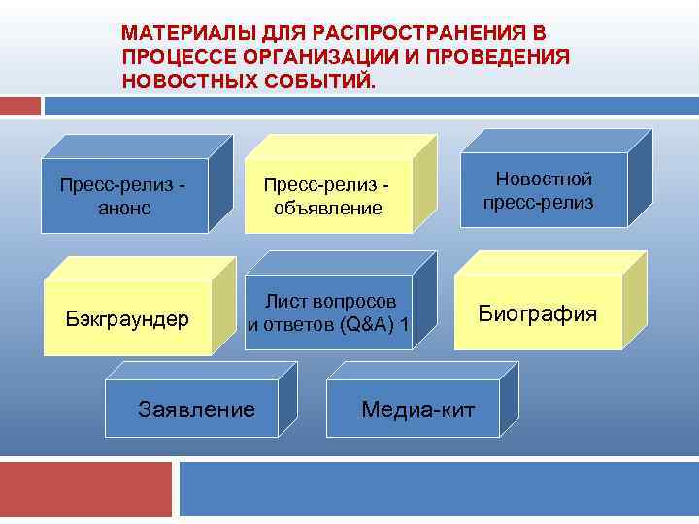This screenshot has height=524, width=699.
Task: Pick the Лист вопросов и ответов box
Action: pyautogui.click(x=330, y=311)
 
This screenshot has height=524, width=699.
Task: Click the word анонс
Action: pyautogui.click(x=125, y=208)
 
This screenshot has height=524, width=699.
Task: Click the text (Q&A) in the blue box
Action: pyautogui.click(x=361, y=324)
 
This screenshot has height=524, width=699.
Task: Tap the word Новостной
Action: pyautogui.click(x=543, y=179)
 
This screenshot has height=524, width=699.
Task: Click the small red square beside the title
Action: pyautogui.click(x=20, y=105)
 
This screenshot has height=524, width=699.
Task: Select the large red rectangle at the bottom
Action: pyautogui.click(x=85, y=488)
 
